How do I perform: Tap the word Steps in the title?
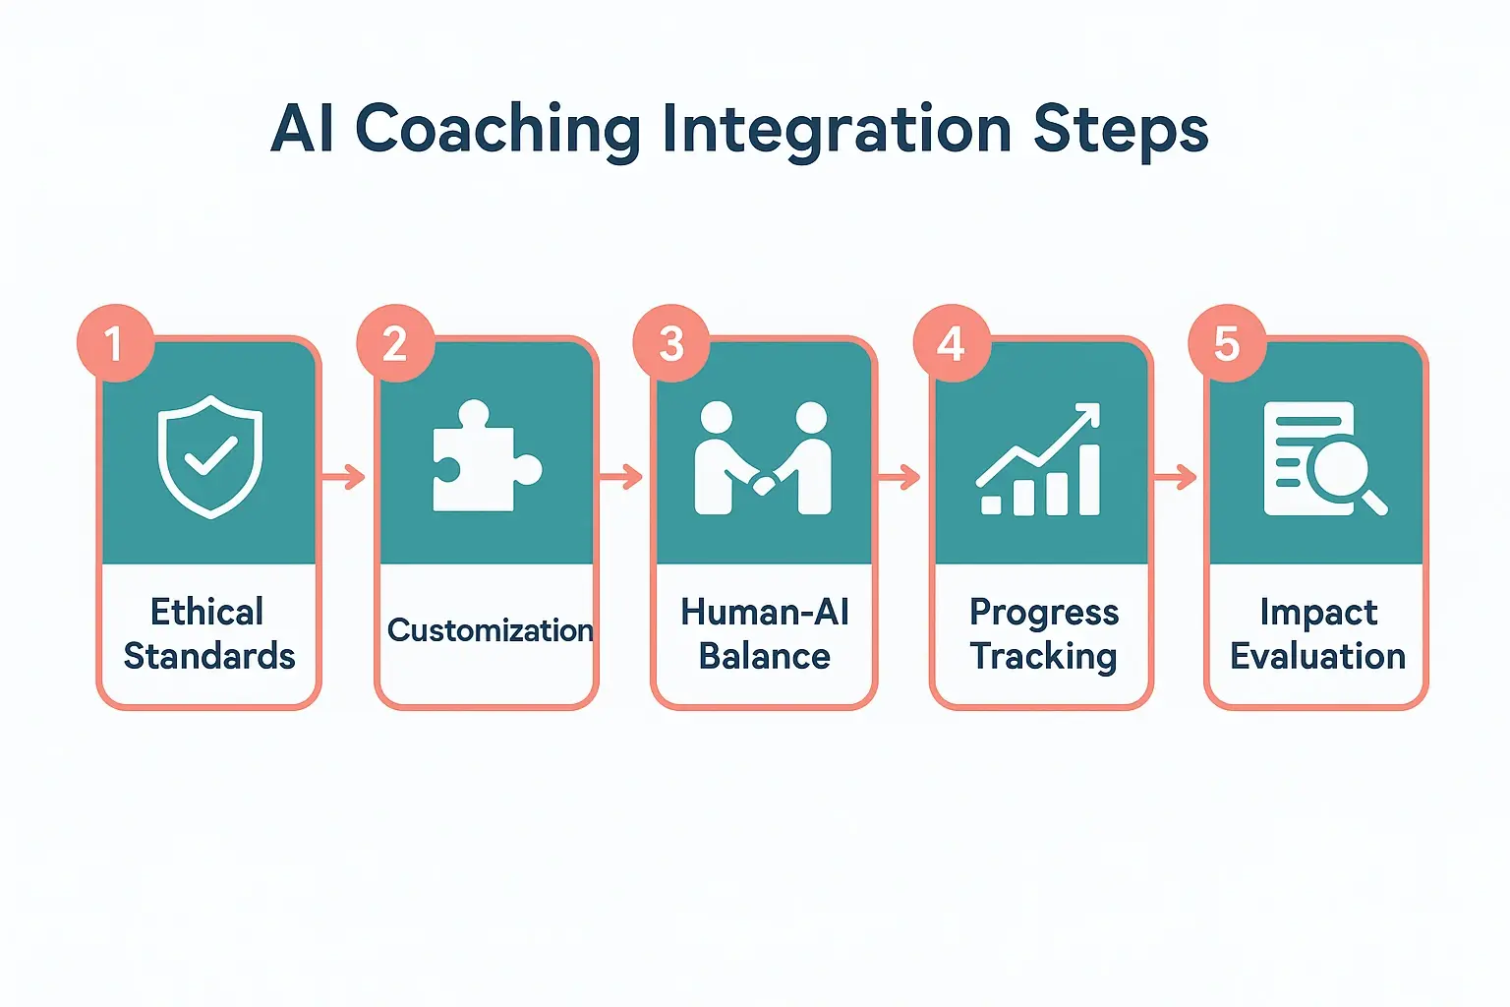[1121, 130]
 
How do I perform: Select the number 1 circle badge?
[115, 343]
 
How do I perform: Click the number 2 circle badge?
[394, 343]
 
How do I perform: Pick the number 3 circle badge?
[671, 343]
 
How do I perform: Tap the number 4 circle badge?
[951, 343]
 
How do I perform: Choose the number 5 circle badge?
[1226, 343]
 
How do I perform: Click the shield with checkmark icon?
[210, 456]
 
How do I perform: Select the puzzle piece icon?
[486, 456]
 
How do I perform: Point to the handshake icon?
[763, 459]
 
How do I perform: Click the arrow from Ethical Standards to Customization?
[343, 478]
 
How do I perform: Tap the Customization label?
[490, 630]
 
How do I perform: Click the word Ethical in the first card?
[206, 612]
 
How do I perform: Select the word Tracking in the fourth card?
[1043, 656]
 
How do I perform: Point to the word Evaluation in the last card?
[1317, 656]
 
